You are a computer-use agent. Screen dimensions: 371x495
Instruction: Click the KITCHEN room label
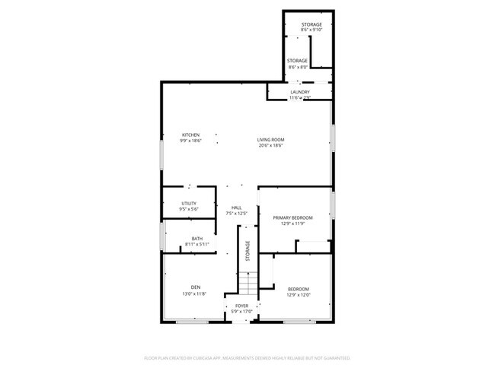(190, 135)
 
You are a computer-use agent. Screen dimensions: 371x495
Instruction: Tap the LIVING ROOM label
(270, 140)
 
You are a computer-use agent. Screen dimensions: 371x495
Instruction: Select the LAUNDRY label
(299, 92)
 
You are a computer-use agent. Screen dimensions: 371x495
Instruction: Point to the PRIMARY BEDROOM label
(293, 217)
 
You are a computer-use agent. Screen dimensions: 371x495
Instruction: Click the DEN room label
(195, 287)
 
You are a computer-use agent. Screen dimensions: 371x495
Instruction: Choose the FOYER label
(241, 306)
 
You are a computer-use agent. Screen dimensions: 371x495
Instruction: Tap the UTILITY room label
(189, 203)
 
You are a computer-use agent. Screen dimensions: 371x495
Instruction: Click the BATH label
(197, 239)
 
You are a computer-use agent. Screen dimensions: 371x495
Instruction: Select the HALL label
(236, 208)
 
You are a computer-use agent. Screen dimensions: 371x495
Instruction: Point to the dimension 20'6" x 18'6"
(270, 146)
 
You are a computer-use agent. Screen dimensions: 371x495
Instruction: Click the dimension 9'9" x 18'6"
(190, 141)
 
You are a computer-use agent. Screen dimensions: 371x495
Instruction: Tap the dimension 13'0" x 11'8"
(195, 293)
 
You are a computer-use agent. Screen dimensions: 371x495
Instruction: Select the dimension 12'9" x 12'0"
(299, 295)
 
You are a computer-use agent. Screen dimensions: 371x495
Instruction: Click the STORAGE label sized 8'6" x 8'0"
(297, 61)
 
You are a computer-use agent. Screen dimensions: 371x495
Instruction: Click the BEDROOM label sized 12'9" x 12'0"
(299, 289)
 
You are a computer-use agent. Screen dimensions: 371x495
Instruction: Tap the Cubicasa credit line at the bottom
(247, 357)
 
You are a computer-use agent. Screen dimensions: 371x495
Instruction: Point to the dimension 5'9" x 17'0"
(241, 312)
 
